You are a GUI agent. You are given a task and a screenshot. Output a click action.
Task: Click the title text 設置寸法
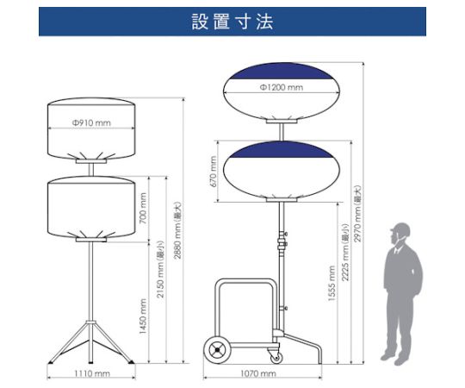(232, 22)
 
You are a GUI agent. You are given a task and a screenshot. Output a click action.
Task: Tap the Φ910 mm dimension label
(91, 122)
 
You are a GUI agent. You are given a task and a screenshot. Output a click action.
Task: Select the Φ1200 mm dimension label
(282, 87)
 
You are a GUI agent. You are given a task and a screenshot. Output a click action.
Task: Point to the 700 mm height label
(143, 209)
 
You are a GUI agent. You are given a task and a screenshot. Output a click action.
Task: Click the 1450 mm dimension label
(143, 316)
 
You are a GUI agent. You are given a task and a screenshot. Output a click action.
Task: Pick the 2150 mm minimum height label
(160, 269)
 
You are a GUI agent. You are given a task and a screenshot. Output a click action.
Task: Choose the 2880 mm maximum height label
(177, 230)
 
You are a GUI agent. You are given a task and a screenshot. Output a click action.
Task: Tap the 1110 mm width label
(92, 373)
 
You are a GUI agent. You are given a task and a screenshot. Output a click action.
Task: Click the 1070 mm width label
(258, 373)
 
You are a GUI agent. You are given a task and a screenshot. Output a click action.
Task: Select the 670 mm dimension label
(214, 172)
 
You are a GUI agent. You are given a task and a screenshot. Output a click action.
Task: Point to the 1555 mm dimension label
(332, 284)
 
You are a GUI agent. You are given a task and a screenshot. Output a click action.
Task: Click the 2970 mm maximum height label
(357, 214)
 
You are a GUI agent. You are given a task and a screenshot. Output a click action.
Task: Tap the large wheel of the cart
(218, 350)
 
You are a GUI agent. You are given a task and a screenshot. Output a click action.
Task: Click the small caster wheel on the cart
(276, 359)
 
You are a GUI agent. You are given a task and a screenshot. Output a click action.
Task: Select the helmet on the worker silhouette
(400, 229)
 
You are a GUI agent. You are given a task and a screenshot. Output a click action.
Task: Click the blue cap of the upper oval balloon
(282, 72)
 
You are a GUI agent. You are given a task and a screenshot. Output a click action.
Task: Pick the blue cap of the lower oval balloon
(282, 150)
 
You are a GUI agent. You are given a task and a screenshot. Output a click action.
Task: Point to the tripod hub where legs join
(90, 323)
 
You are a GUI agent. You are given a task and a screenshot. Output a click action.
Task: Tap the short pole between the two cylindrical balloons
(91, 170)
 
